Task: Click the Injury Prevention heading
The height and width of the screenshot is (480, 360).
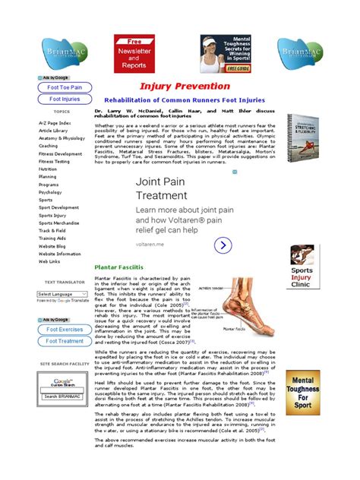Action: coord(174,87)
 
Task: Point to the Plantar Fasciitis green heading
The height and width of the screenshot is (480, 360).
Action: coord(118,267)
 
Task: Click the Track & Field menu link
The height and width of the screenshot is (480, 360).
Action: coord(52,229)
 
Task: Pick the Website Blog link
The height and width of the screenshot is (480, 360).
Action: coord(52,246)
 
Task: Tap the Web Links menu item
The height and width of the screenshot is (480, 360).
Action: coord(49,261)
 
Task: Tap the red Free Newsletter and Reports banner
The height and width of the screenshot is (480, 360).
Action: coord(134,53)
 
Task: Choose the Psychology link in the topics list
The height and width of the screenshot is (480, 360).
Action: coord(50,192)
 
